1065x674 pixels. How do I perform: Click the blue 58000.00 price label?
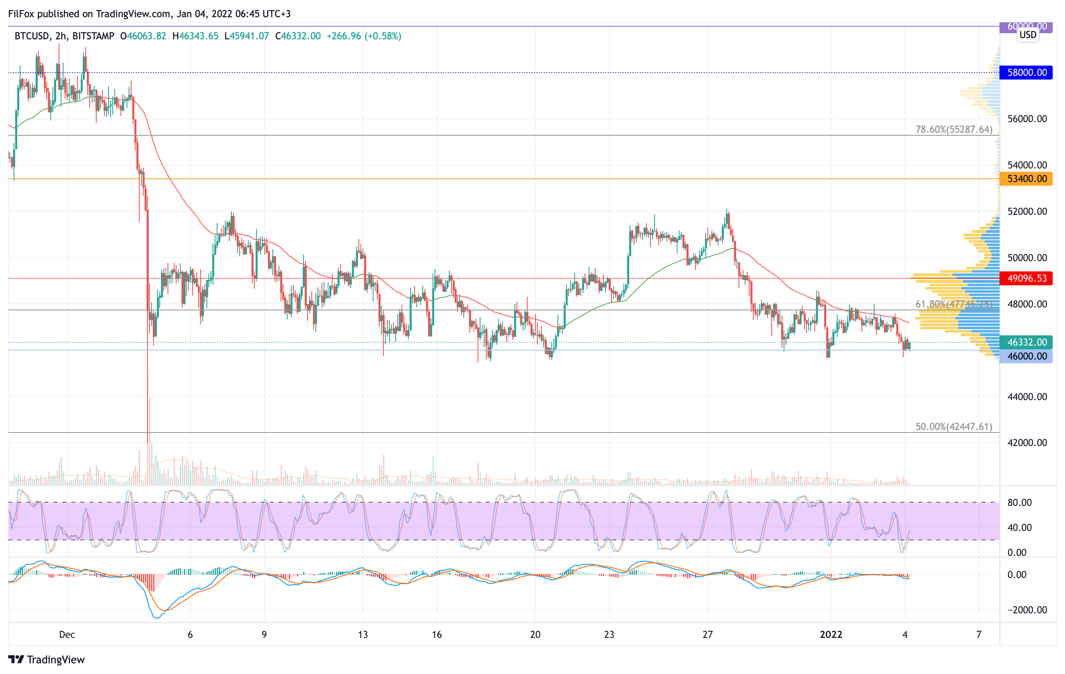coord(1026,73)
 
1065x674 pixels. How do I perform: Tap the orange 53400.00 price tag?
coord(1026,179)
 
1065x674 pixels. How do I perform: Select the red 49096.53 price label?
coord(1026,278)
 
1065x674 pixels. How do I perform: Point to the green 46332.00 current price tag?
coord(1026,342)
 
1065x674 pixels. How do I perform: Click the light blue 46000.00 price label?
coord(1026,356)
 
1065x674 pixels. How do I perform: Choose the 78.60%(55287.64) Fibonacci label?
coord(954,130)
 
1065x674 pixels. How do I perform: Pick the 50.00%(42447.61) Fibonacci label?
coord(954,427)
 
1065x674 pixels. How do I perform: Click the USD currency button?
coord(1027,35)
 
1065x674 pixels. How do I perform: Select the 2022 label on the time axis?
coord(831,635)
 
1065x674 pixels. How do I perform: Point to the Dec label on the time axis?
coord(67,635)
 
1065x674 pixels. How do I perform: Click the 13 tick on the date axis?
coord(363,635)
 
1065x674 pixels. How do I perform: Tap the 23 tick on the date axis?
coord(609,635)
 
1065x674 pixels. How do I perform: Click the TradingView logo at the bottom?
coord(46,659)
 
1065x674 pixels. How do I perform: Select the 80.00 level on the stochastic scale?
coord(1020,503)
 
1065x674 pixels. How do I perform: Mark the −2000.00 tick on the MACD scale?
coord(1027,610)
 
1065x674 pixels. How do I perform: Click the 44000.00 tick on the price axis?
coord(1027,397)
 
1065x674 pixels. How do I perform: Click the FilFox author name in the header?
coord(21,14)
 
